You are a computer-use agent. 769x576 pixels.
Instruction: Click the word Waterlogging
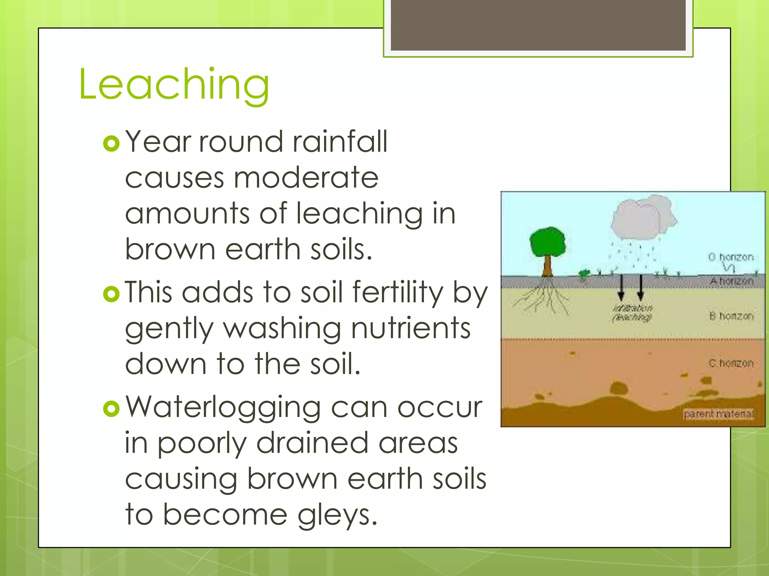223,408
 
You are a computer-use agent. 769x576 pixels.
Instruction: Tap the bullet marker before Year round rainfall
111,144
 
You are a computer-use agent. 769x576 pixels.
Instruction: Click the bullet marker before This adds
111,294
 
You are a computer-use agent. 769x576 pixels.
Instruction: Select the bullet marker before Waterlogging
111,409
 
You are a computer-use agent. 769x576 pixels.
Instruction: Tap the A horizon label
731,281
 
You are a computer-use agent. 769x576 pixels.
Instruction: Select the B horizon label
731,316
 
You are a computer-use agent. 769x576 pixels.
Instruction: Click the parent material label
718,414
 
